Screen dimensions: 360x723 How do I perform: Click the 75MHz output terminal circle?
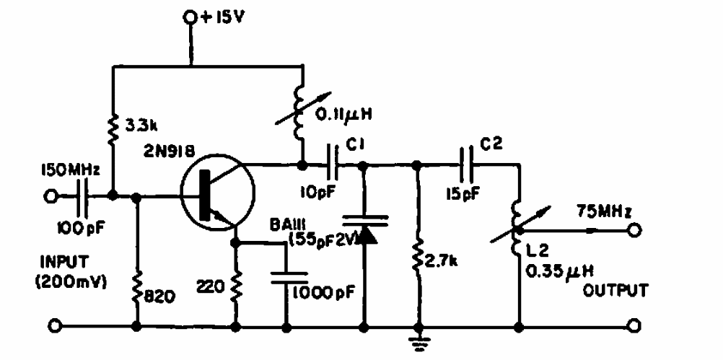pos(634,231)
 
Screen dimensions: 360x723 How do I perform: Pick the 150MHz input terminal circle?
pos(51,196)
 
